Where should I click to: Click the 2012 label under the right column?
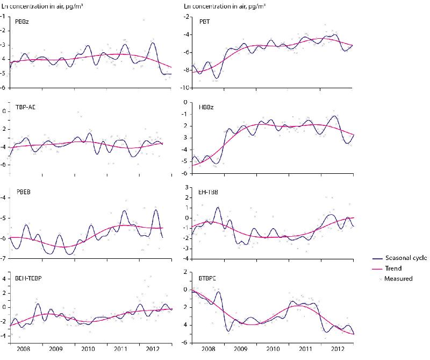(x=337, y=349)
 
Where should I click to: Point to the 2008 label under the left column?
(x=23, y=349)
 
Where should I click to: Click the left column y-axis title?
(x=42, y=5)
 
